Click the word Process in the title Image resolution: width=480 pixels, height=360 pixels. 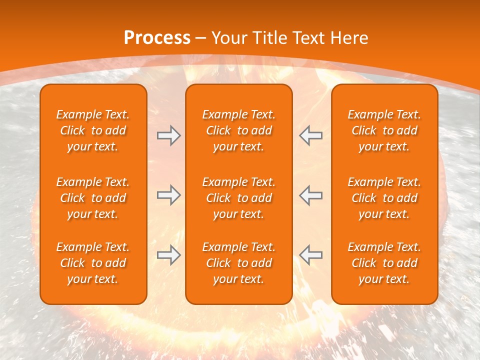157,38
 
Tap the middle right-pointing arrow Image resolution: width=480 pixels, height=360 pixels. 168,195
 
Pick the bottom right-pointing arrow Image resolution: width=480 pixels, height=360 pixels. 168,255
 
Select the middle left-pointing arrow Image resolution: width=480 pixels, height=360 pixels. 310,195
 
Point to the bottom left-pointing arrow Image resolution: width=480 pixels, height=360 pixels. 310,255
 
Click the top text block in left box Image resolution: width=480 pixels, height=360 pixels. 93,130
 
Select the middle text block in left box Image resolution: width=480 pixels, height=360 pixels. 93,198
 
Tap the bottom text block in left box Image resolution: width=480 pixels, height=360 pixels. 93,263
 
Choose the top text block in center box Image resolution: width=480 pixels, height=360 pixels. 239,130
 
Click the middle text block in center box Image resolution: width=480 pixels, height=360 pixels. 239,198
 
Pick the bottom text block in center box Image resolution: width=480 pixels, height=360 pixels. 239,263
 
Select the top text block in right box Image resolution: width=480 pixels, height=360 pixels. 384,130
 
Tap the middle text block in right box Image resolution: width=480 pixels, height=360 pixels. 384,198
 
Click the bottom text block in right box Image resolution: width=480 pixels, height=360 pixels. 384,263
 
